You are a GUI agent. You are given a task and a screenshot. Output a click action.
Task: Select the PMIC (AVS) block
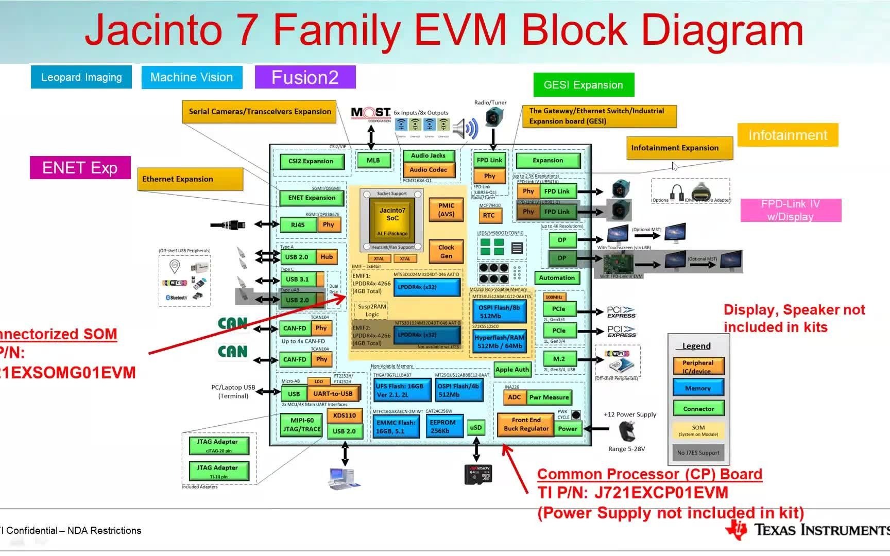pos(446,210)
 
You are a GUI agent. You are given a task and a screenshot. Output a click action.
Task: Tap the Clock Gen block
pos(446,251)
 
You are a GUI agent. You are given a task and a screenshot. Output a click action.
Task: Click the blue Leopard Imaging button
pos(81,77)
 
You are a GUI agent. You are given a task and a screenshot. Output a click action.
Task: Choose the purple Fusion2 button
pos(305,77)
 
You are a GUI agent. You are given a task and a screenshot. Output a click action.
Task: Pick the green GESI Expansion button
pos(584,85)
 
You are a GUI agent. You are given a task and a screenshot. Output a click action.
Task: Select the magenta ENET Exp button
pos(80,168)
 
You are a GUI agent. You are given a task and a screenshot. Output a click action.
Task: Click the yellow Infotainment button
pos(788,135)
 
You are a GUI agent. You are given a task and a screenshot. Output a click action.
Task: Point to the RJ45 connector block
pos(298,225)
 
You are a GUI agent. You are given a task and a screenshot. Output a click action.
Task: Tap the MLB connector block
pos(373,161)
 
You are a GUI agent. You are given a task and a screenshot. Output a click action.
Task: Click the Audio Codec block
pos(428,170)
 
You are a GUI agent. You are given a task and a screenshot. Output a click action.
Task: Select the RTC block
pos(489,216)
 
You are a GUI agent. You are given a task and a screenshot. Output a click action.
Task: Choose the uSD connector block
pos(476,427)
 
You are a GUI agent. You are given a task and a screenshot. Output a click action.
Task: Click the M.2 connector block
pos(559,359)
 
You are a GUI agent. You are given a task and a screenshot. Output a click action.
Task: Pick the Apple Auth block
pos(511,370)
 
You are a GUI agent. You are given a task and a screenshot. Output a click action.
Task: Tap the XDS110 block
pos(345,415)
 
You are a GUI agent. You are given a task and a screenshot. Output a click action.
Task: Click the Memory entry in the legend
pos(698,388)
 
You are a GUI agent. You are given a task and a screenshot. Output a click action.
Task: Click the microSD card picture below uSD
pos(478,474)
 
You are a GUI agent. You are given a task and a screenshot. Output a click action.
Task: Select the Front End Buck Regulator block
pos(526,424)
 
